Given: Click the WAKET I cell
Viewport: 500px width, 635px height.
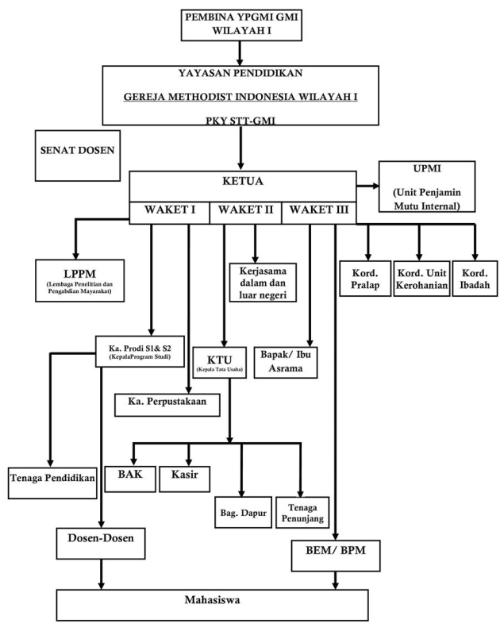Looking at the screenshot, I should pos(169,212).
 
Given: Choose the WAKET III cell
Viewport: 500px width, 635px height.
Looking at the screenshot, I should pos(319,212).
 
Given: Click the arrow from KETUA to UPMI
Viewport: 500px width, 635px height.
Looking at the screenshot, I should pos(367,187).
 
